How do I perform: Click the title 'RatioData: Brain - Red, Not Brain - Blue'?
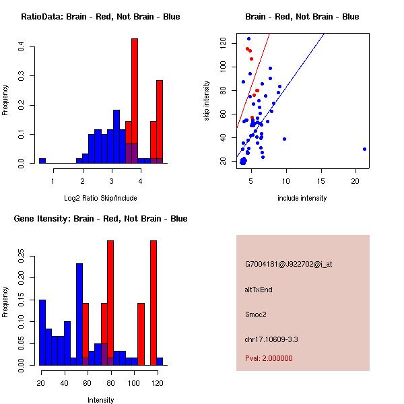point(100,17)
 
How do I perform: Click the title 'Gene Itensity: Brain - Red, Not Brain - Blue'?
point(100,219)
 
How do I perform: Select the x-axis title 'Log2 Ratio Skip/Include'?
point(100,198)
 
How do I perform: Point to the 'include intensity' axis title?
point(302,198)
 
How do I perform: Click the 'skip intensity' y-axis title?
point(207,101)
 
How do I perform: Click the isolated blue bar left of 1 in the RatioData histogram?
point(42,161)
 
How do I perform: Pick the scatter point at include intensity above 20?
point(364,149)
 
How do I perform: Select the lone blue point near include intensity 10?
point(285,139)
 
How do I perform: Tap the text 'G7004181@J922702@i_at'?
point(289,264)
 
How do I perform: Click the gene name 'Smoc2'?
point(255,314)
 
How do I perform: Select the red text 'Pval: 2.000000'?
point(269,358)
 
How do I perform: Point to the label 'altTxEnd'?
point(259,290)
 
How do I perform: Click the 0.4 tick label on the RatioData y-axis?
point(22,46)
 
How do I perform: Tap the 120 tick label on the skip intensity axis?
point(224,42)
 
